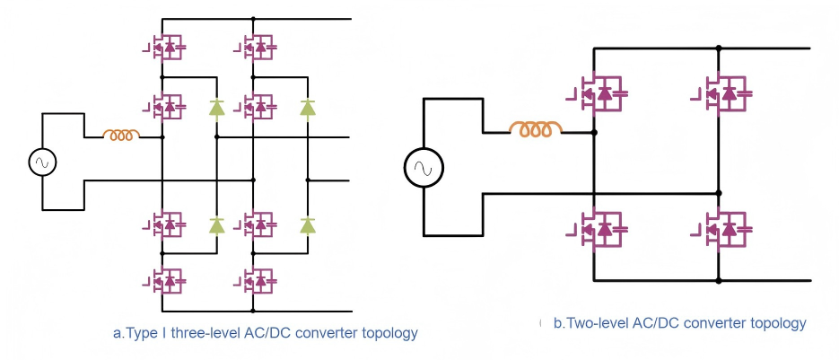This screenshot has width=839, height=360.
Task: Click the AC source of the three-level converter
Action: [41, 162]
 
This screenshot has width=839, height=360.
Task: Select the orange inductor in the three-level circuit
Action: [121, 136]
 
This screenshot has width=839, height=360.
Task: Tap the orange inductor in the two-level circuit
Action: [536, 131]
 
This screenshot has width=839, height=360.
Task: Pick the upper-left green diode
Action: [216, 108]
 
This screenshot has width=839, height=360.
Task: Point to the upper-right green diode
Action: [308, 108]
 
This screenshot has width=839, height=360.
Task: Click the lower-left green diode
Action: [216, 224]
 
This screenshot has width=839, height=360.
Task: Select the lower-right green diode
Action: [308, 224]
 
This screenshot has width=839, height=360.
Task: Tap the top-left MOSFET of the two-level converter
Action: [599, 92]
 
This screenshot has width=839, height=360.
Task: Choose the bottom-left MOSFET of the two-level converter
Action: [599, 231]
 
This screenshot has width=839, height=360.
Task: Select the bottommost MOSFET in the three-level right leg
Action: [258, 282]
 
